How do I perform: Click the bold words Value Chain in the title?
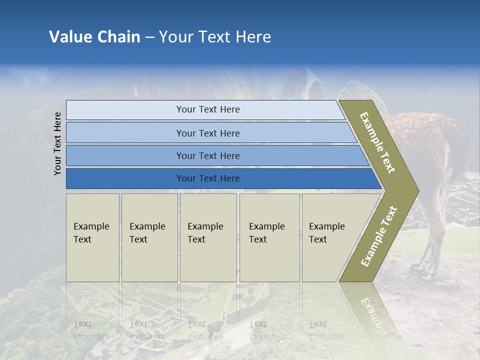coord(94,37)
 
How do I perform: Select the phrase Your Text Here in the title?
coord(215,37)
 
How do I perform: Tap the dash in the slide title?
coord(149,37)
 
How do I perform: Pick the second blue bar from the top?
coord(207,133)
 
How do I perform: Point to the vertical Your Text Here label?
coord(57,143)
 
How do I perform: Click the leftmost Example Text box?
coord(92,237)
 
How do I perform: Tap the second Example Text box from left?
coord(149,237)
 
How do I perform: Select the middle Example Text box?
coord(208,237)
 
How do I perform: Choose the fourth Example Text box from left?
coord(269,237)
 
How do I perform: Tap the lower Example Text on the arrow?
coord(378,236)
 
